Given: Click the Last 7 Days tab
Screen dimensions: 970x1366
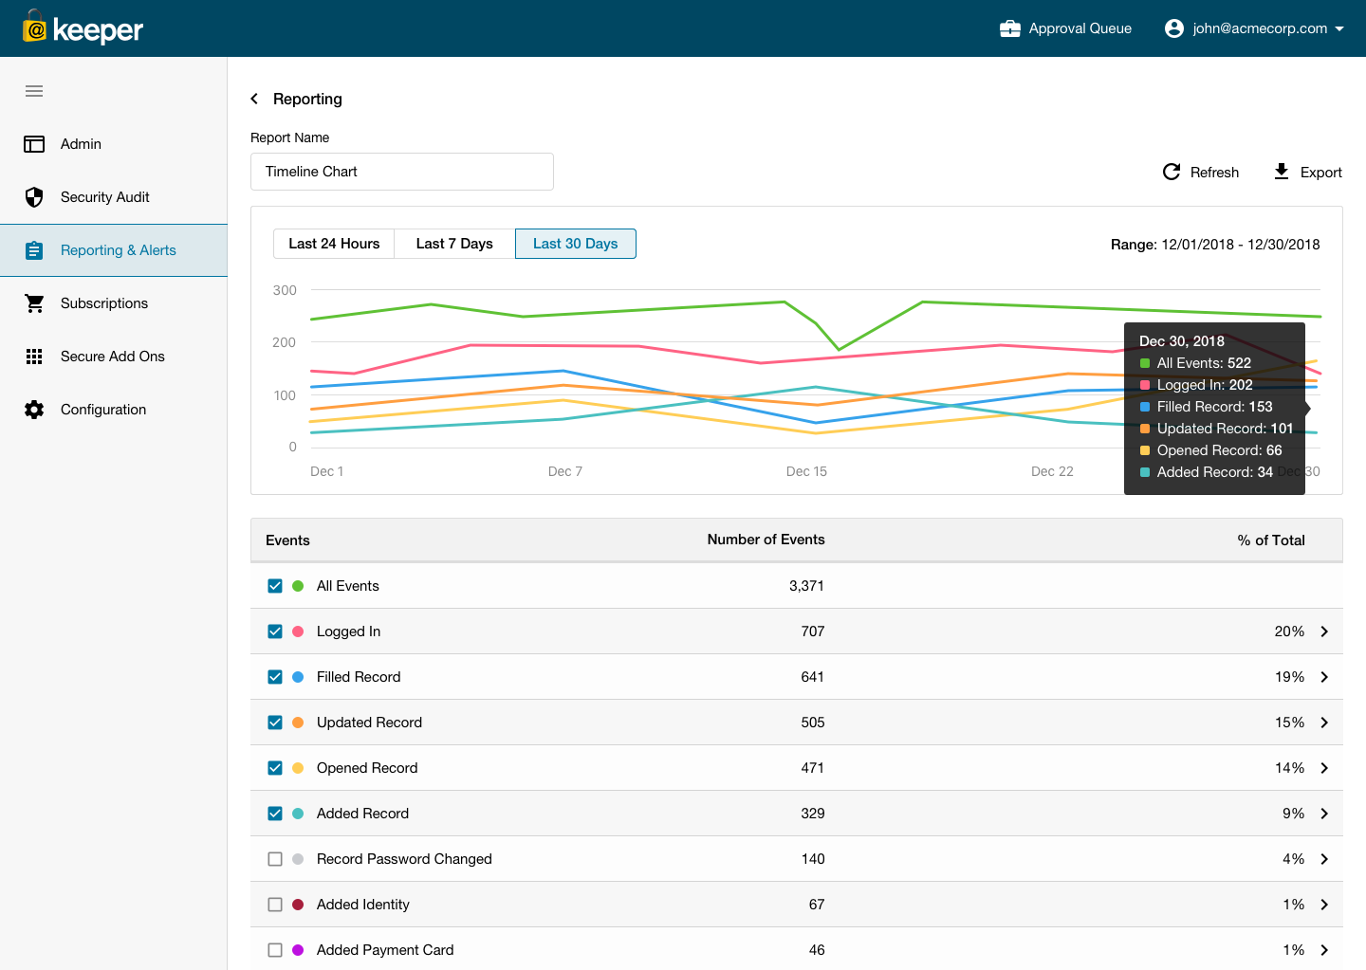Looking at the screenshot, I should (x=454, y=244).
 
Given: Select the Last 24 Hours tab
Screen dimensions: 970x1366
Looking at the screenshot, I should (x=334, y=244).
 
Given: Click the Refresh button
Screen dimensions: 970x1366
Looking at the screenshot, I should (x=1201, y=172).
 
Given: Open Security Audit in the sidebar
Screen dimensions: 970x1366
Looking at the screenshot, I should (x=104, y=197).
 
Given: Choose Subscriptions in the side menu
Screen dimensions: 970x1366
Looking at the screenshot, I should (x=103, y=303).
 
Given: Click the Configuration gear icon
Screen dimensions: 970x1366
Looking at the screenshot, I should (x=34, y=410).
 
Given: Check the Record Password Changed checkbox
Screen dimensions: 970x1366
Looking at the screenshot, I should (x=275, y=859).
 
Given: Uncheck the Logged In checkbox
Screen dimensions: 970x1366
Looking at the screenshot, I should (x=275, y=631).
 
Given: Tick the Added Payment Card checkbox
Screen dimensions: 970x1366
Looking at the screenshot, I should (x=275, y=950).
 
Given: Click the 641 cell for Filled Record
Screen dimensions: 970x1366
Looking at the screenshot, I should (x=812, y=677).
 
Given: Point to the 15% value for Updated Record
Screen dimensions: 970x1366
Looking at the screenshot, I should (x=1288, y=723).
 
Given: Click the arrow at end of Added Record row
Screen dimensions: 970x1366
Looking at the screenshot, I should (x=1324, y=814).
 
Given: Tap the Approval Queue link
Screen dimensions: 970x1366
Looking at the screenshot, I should (x=1065, y=28).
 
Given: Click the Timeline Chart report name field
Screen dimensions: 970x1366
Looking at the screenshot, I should (x=401, y=172).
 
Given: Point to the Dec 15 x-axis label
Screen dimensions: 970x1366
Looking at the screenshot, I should (x=806, y=471).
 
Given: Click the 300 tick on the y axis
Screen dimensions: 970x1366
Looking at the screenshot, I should (x=285, y=290).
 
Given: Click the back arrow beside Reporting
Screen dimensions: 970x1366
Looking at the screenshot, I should (x=254, y=99).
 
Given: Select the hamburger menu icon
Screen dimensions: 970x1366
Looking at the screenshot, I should (x=34, y=91).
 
